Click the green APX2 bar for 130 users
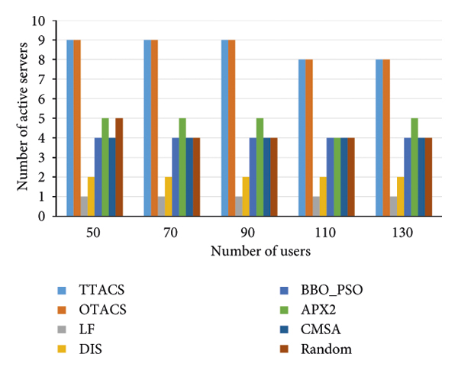[414, 167]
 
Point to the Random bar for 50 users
[119, 167]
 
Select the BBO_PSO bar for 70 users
[175, 177]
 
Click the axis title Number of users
[260, 249]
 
